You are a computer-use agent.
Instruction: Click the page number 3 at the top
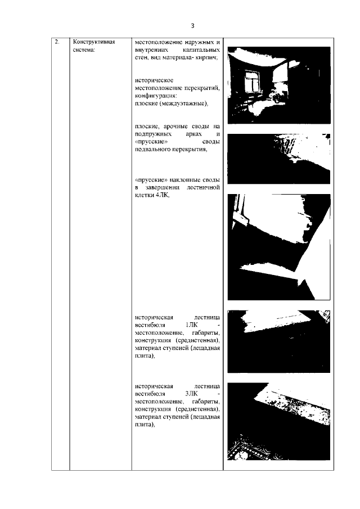pyautogui.click(x=192, y=26)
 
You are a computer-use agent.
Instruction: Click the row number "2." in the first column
pyautogui.click(x=57, y=42)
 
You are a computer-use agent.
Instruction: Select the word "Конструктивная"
pyautogui.click(x=94, y=42)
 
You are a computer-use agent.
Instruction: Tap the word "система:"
pyautogui.click(x=84, y=49)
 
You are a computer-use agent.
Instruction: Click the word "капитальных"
pyautogui.click(x=201, y=50)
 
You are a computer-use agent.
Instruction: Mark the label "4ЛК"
pyautogui.click(x=163, y=195)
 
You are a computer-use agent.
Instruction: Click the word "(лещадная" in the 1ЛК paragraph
pyautogui.click(x=205, y=348)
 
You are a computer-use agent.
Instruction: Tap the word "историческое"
pyautogui.click(x=154, y=80)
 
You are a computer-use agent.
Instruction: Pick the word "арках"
pyautogui.click(x=193, y=134)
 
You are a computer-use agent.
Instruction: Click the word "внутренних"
pyautogui.click(x=152, y=50)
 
